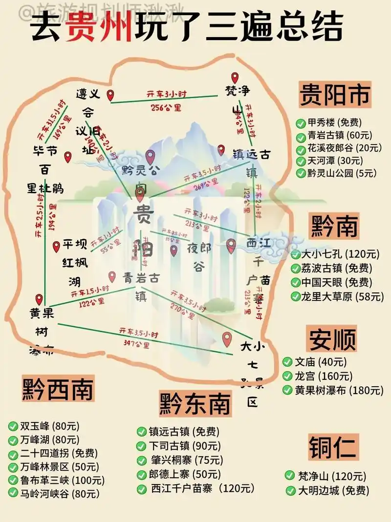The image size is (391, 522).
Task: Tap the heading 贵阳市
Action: click(x=335, y=94)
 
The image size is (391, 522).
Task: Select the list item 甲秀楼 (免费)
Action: click(x=332, y=123)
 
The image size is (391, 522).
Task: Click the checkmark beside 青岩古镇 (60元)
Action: click(x=301, y=136)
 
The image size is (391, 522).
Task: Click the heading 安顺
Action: click(x=332, y=338)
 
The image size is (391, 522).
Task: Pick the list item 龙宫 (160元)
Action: click(x=323, y=376)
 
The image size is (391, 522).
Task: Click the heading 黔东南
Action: click(x=195, y=403)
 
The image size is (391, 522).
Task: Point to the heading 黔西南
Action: click(x=58, y=389)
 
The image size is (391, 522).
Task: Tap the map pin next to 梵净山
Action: click(x=235, y=78)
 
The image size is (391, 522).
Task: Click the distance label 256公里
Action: click(x=166, y=107)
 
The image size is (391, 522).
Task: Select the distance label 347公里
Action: click(x=137, y=345)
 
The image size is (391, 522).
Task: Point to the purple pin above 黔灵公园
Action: click(x=150, y=157)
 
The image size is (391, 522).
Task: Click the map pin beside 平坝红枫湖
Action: click(x=56, y=246)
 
